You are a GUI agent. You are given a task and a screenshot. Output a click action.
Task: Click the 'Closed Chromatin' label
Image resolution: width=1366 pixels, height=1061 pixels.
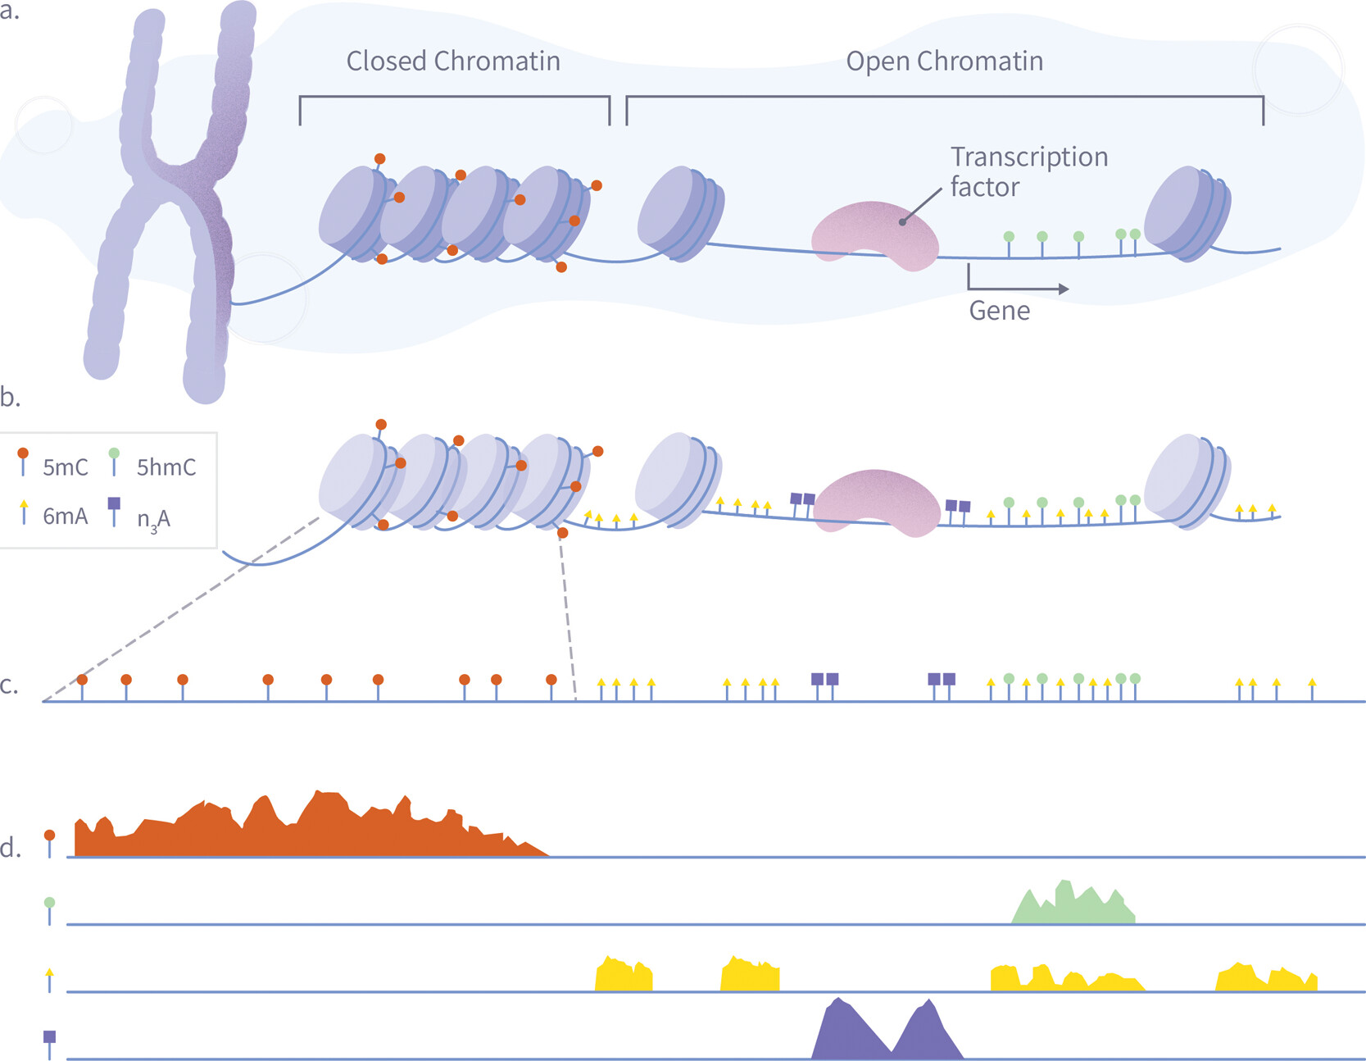(x=453, y=61)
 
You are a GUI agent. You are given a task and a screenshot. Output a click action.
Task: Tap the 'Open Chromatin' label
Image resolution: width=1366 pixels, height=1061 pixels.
(x=944, y=61)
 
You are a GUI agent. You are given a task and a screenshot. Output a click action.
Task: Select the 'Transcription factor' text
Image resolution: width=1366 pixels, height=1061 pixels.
(x=1028, y=171)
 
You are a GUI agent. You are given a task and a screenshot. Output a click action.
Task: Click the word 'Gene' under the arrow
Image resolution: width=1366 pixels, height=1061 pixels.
(x=999, y=311)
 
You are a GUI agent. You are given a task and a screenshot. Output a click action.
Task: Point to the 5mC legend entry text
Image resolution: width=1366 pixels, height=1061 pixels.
(x=65, y=467)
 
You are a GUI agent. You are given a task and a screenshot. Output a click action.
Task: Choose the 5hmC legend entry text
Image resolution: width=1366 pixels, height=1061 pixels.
(x=166, y=467)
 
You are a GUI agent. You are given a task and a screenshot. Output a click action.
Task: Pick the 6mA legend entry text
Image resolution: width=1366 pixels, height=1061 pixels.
(x=65, y=517)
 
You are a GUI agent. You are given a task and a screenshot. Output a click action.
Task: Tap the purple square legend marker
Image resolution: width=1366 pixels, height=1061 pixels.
(x=114, y=503)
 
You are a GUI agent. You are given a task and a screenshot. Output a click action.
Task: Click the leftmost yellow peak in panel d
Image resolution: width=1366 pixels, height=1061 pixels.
(x=624, y=976)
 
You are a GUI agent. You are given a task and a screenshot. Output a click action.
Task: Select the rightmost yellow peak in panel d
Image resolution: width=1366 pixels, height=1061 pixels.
(x=1266, y=978)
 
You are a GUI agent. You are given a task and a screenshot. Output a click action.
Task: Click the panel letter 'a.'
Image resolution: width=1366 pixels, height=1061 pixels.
(x=9, y=11)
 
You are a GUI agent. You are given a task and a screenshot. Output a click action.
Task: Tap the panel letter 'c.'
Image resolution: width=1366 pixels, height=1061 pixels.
(x=9, y=685)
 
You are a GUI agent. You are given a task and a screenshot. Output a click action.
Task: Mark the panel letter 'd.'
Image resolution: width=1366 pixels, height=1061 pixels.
(x=11, y=848)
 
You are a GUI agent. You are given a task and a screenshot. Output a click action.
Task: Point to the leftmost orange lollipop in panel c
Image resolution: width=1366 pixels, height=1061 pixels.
(x=82, y=681)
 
